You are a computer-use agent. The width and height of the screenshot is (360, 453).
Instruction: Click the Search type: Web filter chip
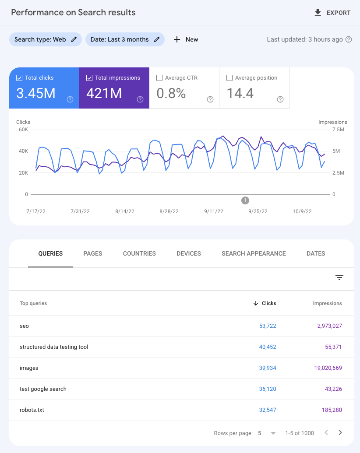pos(45,39)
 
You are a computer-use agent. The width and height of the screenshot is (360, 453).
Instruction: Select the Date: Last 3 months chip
pos(125,39)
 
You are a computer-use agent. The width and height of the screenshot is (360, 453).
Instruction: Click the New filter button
pos(186,39)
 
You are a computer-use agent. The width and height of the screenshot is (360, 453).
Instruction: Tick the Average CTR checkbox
pos(159,78)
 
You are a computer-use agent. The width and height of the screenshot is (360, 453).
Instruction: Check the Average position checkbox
pos(229,78)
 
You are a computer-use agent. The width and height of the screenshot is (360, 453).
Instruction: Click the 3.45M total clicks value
pos(36,93)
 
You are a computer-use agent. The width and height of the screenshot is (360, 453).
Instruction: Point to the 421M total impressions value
pos(104,93)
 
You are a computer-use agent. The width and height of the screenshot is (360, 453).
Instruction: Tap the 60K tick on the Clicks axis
pos(23,130)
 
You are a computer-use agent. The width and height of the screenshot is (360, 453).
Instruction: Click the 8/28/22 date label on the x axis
pos(169,211)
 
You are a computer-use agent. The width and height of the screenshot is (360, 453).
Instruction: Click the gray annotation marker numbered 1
pos(245,200)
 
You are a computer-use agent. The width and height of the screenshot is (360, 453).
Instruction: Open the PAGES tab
pos(93,253)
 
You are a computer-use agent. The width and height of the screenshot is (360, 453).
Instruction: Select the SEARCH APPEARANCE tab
pos(254,253)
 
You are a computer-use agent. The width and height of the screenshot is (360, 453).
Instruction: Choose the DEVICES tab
pos(189,253)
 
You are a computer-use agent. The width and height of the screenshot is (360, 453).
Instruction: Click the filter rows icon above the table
pos(339,277)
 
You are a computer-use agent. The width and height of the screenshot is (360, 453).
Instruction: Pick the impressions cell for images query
pos(328,368)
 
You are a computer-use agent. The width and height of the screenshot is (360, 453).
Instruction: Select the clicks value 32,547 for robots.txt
pos(267,410)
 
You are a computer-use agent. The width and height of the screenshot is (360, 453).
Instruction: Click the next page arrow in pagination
pos(340,433)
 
